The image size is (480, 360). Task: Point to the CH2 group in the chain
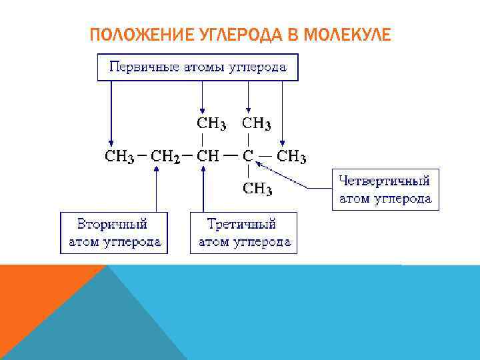tap(165, 157)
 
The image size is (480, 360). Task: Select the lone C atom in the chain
tap(247, 157)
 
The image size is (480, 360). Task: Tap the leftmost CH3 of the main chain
tap(120, 157)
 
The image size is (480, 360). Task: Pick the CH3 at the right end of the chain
tap(291, 157)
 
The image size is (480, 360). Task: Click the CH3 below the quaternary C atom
tap(257, 189)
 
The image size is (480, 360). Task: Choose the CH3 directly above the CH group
tap(211, 123)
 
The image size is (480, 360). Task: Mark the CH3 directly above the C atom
tap(256, 123)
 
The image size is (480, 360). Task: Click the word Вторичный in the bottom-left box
tap(112, 223)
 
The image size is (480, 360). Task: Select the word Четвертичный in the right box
tap(385, 181)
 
